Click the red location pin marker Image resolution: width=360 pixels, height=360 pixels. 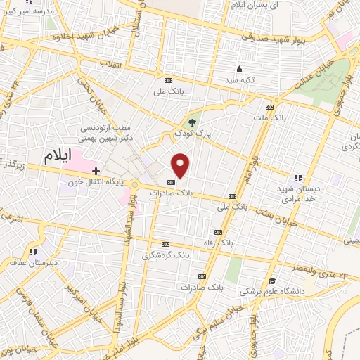point(181,165)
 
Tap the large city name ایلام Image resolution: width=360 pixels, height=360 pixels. point(58,157)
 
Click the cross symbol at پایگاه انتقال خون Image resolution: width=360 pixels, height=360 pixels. point(96,171)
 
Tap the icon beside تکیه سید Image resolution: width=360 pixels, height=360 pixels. point(239,69)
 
